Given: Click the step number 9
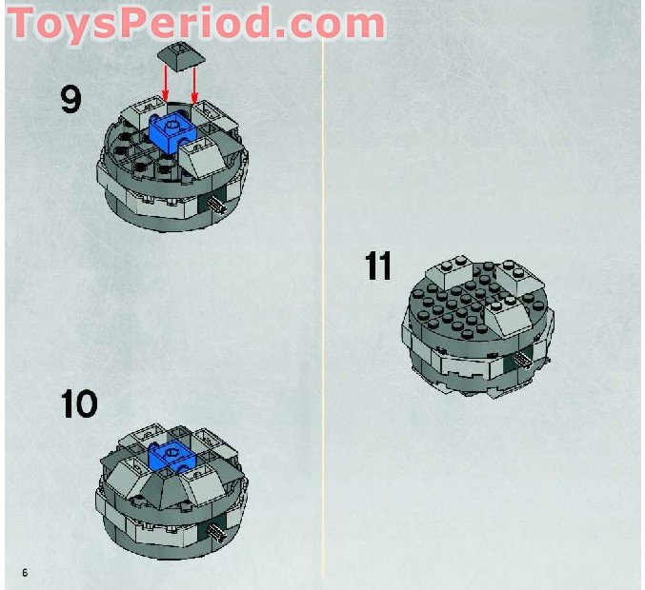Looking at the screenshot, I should (x=71, y=98).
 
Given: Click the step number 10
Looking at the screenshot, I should (x=79, y=404).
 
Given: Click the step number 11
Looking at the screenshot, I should (x=378, y=266).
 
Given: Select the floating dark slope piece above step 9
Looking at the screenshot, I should (x=178, y=56).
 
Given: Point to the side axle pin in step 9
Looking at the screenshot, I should (x=218, y=201).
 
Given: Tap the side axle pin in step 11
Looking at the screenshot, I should (x=522, y=360).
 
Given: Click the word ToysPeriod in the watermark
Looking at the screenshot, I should (x=133, y=23).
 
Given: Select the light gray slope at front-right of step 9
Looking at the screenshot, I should (x=205, y=158).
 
